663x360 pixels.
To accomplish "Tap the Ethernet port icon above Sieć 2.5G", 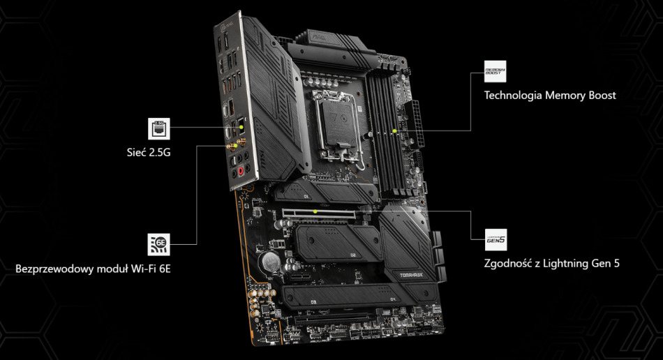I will (158, 128).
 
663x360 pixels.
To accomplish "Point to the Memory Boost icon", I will (495, 72).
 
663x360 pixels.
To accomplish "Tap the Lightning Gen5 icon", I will (496, 240).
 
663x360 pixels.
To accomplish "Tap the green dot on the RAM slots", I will (394, 130).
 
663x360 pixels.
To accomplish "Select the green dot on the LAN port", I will (241, 128).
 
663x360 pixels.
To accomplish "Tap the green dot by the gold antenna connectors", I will (236, 146).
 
